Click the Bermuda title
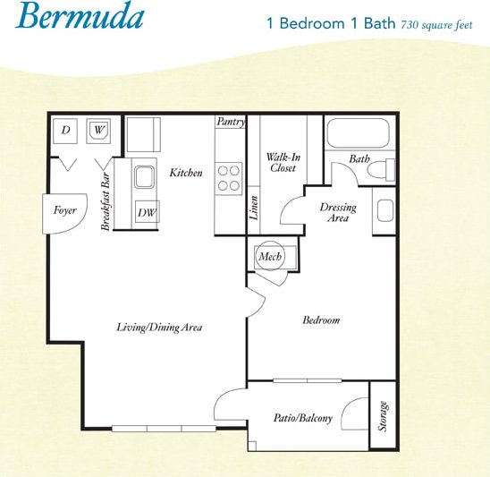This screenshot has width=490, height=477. [78, 18]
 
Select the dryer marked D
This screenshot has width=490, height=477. [66, 131]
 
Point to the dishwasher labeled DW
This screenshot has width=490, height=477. [147, 212]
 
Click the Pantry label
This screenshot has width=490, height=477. [231, 122]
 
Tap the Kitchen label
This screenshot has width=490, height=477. [186, 173]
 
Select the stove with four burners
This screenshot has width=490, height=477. [230, 177]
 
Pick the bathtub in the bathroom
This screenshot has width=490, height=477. [360, 134]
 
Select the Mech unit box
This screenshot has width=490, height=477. [269, 257]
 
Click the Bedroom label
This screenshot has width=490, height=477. [321, 319]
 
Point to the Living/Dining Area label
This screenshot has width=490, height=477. [159, 328]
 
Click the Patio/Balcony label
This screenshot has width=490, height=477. [303, 418]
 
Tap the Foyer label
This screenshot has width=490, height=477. [63, 212]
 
